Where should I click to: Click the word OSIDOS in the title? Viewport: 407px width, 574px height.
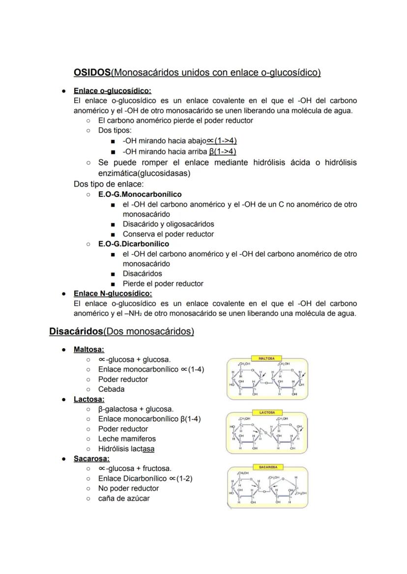tap(92, 73)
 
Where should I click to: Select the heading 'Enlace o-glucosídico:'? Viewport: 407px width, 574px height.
tap(112, 91)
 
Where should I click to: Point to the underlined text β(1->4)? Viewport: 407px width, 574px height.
tap(222, 151)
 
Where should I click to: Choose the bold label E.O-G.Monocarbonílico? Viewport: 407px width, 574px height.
tap(140, 194)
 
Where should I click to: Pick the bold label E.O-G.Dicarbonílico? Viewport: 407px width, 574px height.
tap(133, 244)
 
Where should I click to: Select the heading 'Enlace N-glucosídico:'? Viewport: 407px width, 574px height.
tap(113, 294)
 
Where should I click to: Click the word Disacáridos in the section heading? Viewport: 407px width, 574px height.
tap(76, 331)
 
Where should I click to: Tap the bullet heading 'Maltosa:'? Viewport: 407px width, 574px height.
tap(88, 350)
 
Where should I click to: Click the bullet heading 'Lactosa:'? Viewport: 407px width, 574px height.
tap(88, 399)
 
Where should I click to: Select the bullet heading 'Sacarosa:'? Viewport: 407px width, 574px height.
tap(91, 459)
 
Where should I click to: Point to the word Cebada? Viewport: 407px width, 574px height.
tap(111, 389)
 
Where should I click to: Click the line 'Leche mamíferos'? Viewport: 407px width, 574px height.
tap(127, 439)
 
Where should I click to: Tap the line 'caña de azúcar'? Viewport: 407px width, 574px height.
tap(124, 498)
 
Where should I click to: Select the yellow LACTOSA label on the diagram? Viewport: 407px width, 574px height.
tap(267, 412)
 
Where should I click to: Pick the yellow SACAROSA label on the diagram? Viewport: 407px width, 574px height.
tap(268, 467)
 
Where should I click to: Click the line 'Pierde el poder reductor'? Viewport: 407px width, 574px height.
tap(163, 284)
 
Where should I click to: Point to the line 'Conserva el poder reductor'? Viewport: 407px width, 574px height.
tap(168, 234)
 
